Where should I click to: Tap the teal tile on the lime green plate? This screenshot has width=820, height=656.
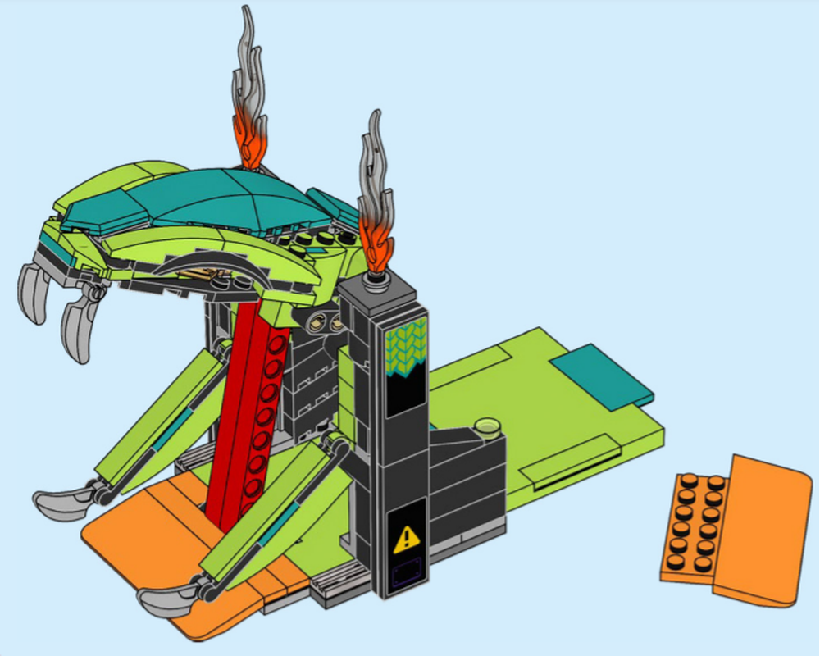pos(602,373)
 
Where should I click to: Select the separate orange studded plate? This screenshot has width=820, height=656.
pos(694,525)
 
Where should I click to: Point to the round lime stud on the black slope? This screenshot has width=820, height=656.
pos(489,426)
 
